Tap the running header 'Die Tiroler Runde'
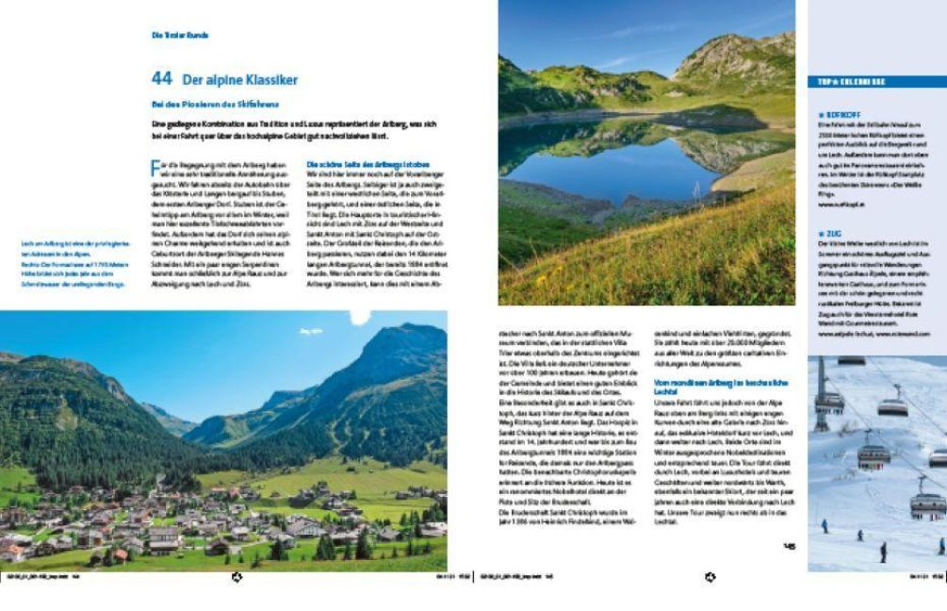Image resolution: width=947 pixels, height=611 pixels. click(179, 35)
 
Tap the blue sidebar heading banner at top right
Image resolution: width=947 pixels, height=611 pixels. click(876, 81)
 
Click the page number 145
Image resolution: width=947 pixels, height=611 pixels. click(789, 544)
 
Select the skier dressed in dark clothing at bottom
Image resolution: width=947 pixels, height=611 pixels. click(883, 552)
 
